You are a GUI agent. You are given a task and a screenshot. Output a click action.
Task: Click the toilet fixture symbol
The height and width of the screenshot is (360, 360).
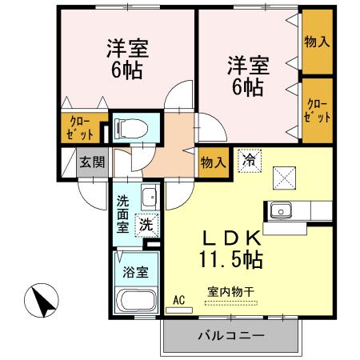pyautogui.click(x=131, y=126)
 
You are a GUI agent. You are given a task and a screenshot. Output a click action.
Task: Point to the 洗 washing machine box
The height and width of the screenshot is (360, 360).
pyautogui.click(x=146, y=225)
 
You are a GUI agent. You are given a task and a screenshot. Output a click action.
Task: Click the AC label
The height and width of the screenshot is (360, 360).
pyautogui.click(x=178, y=300)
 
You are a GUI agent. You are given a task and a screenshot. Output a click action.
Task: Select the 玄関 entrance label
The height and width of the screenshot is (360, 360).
pyautogui.click(x=92, y=162)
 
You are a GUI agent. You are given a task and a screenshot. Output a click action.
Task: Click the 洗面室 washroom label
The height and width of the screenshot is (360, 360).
pyautogui.click(x=124, y=214)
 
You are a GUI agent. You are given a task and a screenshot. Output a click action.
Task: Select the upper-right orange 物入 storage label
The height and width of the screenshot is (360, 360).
pyautogui.click(x=317, y=39)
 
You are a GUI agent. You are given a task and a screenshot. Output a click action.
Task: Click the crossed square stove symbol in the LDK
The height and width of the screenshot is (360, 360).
pyautogui.click(x=284, y=175)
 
